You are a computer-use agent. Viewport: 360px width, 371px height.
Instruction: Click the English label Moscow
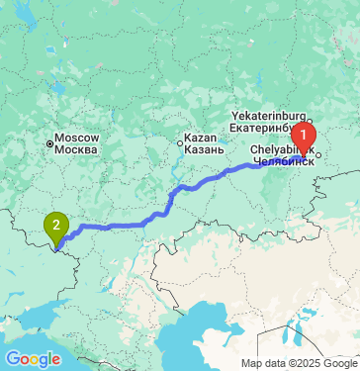76,137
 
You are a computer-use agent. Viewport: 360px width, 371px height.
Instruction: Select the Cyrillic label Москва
76,149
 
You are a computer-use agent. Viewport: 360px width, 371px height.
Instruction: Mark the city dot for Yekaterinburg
309,122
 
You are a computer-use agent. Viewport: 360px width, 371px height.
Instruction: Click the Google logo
33,358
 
